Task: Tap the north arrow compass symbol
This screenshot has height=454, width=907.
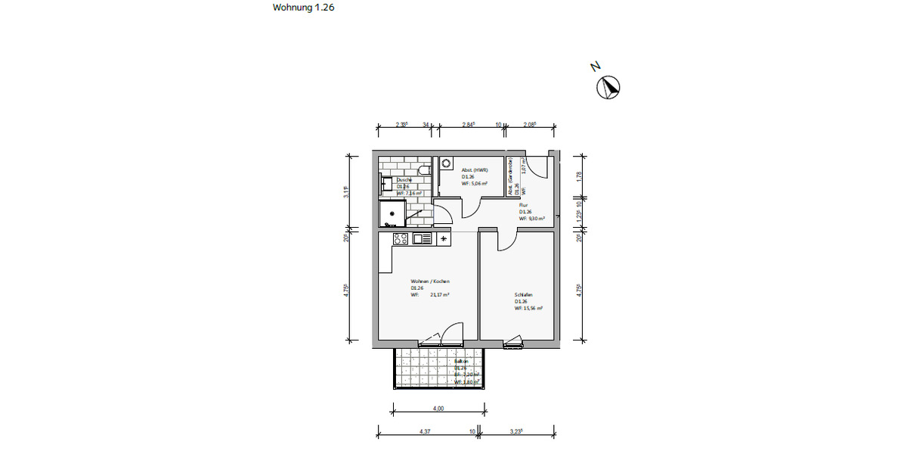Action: coord(608,89)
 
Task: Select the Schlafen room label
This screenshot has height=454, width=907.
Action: coord(524,294)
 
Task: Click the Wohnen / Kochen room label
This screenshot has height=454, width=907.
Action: coord(430,281)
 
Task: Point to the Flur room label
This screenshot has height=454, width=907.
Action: coord(523,204)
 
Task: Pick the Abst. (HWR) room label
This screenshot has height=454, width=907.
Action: coord(475,170)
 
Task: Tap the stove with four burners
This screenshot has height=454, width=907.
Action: coord(401,239)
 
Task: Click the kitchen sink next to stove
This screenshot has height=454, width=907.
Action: coord(422,239)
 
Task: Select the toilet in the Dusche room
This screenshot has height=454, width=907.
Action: coord(425,169)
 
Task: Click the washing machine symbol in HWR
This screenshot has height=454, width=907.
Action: coord(445,163)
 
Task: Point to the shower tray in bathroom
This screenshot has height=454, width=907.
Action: coord(392,213)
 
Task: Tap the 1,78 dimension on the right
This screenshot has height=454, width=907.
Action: coord(578,176)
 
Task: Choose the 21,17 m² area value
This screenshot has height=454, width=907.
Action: coord(441,294)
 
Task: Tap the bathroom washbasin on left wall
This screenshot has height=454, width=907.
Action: coord(385,184)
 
